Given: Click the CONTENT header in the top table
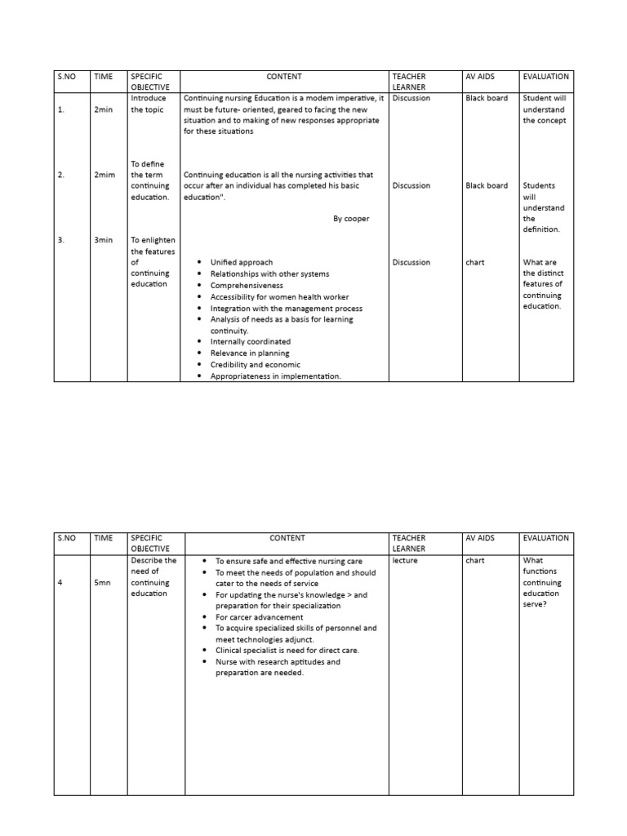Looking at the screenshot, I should (284, 77).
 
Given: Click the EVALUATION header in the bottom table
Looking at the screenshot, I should (546, 538).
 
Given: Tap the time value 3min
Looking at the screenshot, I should (103, 241).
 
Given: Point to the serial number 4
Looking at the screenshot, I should (60, 583).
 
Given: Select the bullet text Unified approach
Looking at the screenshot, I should (242, 263).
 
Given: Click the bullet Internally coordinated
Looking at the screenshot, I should (250, 342).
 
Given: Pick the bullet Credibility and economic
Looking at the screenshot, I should (255, 365).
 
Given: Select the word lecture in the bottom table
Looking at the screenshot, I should (405, 561).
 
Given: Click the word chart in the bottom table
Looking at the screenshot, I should (475, 561).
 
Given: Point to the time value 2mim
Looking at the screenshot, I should (104, 175).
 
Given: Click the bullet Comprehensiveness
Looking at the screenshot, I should (247, 286).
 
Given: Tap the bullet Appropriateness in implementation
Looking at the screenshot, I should (275, 376).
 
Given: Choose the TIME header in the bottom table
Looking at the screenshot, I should (103, 538).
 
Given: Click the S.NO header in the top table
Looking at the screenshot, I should (65, 77).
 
